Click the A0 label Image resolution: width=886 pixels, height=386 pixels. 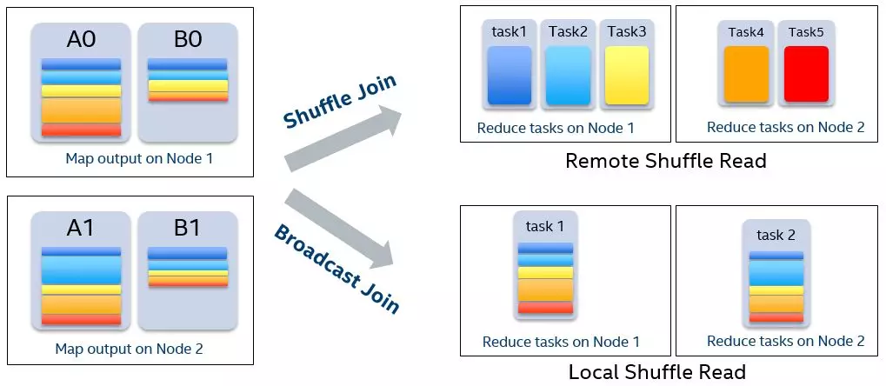click(x=81, y=40)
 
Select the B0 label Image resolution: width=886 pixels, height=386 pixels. click(x=187, y=40)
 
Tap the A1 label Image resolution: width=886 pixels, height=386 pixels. click(x=81, y=228)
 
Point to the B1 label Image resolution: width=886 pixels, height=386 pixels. click(x=187, y=228)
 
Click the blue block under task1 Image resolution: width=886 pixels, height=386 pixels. click(x=510, y=76)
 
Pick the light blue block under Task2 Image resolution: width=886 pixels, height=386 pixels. click(x=568, y=76)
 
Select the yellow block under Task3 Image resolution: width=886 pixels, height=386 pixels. click(x=626, y=76)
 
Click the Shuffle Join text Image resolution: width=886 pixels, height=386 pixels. click(x=340, y=102)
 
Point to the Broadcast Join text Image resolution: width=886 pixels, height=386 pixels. click(x=336, y=269)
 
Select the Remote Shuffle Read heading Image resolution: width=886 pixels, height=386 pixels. click(x=666, y=161)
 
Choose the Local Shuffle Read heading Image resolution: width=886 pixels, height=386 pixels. click(x=656, y=372)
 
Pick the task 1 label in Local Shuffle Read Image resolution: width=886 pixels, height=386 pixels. click(x=544, y=226)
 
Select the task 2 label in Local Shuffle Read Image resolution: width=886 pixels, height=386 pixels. click(x=776, y=235)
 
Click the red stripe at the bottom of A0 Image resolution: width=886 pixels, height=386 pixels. click(x=81, y=130)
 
